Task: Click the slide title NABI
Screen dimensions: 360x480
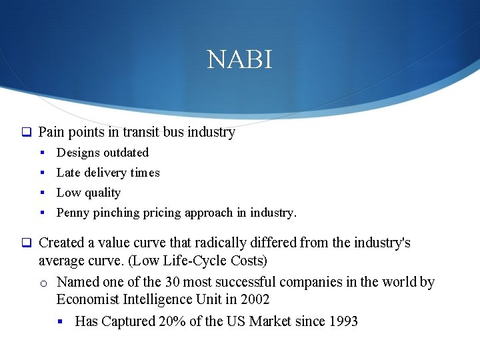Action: click(x=239, y=60)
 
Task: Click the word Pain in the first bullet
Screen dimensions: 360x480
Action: click(x=50, y=132)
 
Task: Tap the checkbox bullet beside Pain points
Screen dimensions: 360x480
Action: click(x=27, y=133)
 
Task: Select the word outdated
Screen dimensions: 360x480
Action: click(x=126, y=153)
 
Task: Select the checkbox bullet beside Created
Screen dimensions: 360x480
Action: click(x=27, y=243)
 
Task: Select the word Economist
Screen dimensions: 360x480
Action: click(x=88, y=300)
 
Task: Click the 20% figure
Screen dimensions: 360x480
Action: click(x=173, y=321)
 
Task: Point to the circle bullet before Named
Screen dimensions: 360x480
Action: click(x=44, y=283)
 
